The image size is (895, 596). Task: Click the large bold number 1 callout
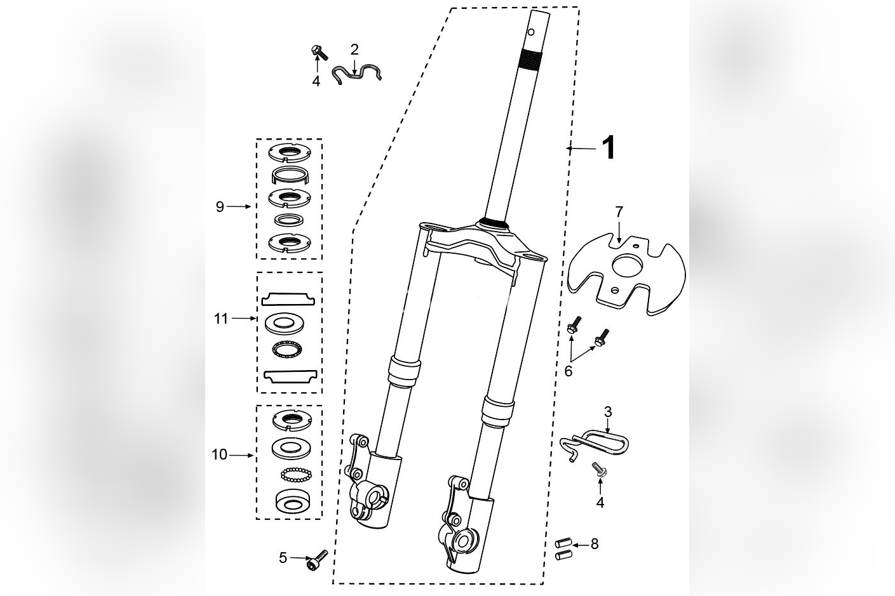[609, 148]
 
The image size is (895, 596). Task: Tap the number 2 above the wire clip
[354, 50]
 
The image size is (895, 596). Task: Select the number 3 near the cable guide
[608, 412]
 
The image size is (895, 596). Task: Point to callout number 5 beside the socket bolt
[283, 558]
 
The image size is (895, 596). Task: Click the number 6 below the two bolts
[568, 371]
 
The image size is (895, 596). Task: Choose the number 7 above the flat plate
[619, 212]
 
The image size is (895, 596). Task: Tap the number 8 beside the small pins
[595, 544]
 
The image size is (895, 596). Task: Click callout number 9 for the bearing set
[220, 207]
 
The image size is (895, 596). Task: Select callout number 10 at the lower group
[219, 454]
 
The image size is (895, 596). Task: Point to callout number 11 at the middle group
[221, 319]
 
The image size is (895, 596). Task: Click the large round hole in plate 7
[628, 265]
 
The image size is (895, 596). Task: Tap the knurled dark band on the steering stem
[530, 59]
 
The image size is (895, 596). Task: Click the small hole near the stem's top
[531, 32]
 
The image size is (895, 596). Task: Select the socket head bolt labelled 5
[317, 560]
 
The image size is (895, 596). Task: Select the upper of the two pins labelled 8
[563, 543]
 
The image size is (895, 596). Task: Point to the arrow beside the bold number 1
[581, 149]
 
